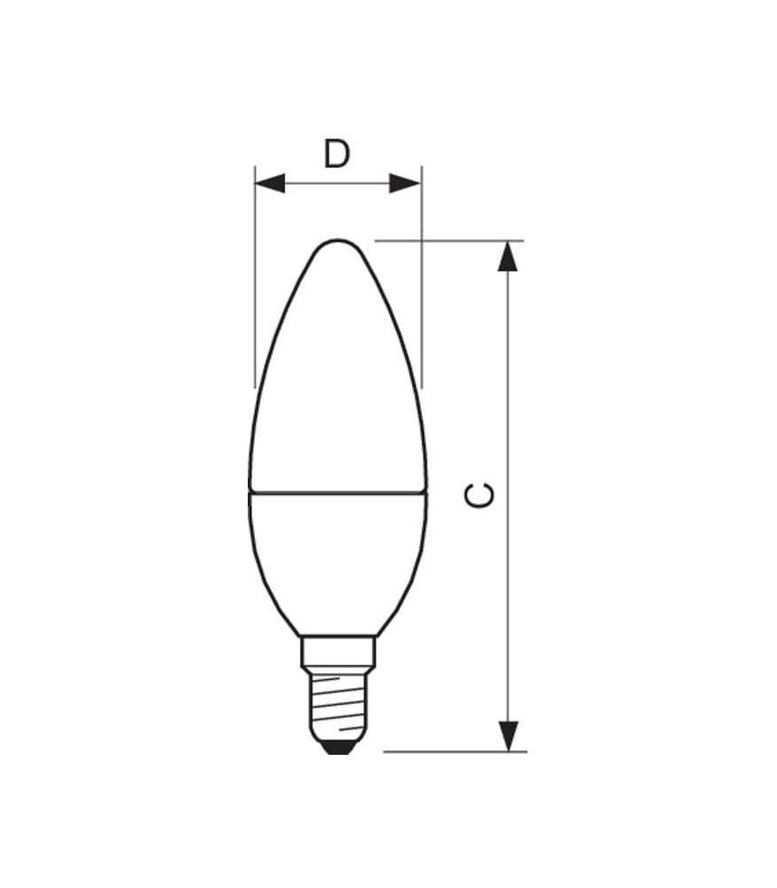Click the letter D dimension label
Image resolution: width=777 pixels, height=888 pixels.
pyautogui.click(x=337, y=155)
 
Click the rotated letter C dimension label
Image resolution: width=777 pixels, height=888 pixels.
pyautogui.click(x=480, y=496)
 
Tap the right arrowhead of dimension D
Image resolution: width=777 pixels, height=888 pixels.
pyautogui.click(x=405, y=184)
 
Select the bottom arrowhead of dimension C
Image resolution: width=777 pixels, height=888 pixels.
pyautogui.click(x=507, y=736)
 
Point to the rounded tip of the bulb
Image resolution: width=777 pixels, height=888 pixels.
pyautogui.click(x=337, y=242)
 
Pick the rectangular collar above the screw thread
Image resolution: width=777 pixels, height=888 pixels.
pyautogui.click(x=337, y=652)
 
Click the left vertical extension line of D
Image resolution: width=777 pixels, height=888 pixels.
pyautogui.click(x=255, y=284)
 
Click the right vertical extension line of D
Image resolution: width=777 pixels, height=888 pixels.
pyautogui.click(x=421, y=284)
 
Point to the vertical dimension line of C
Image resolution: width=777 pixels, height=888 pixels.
pyautogui.click(x=507, y=400)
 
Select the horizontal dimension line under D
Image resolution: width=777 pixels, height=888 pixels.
pyautogui.click(x=337, y=184)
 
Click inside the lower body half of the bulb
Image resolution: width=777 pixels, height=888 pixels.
pyautogui.click(x=337, y=559)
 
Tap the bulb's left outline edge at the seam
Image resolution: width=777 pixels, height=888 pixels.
pyautogui.click(x=249, y=490)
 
